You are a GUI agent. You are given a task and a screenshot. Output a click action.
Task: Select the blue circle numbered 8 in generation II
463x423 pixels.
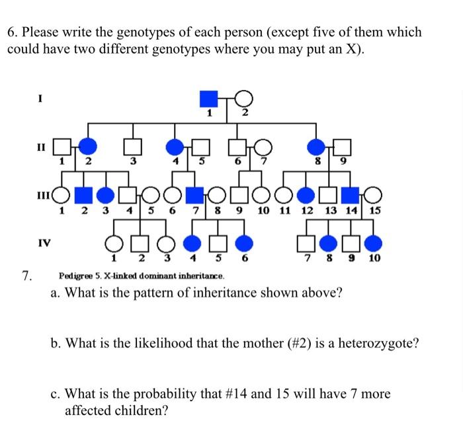pyautogui.click(x=317, y=145)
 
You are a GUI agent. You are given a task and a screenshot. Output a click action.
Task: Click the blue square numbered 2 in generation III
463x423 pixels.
pyautogui.click(x=83, y=195)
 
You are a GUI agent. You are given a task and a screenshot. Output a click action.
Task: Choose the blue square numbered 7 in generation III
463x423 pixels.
pyautogui.click(x=194, y=195)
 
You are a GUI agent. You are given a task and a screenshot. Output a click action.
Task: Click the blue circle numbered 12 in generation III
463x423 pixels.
pyautogui.click(x=306, y=195)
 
